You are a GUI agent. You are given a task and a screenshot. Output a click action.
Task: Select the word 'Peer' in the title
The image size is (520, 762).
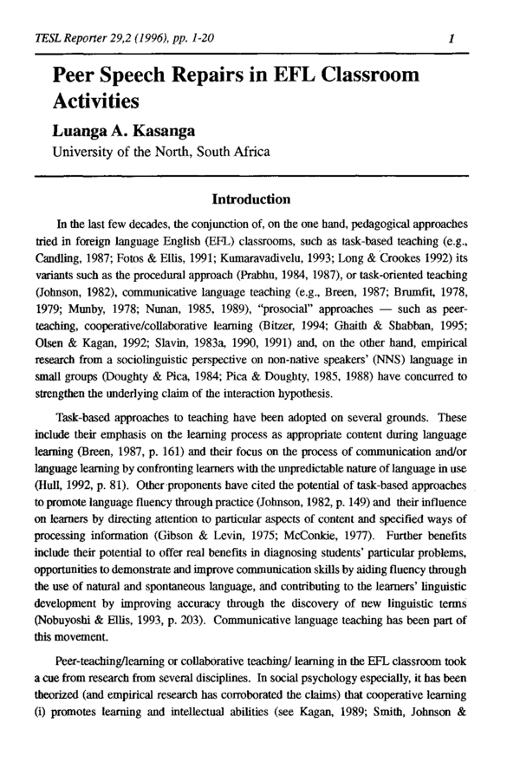(79, 75)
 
